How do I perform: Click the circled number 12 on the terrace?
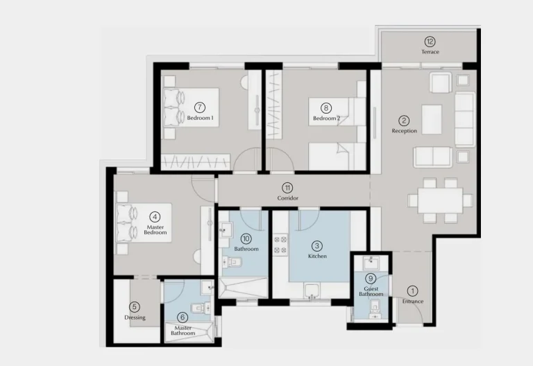pos(430,42)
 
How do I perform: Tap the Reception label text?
pos(404,131)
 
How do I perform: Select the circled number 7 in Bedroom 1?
pos(200,107)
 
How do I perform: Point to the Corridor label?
pos(287,198)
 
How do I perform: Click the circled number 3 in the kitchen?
pos(316,246)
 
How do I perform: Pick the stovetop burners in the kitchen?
pos(281,245)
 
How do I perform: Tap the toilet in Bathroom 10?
pos(232,262)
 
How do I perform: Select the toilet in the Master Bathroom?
pos(201,308)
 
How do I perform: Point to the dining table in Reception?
pos(440,200)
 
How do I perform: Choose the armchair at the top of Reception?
pos(441,82)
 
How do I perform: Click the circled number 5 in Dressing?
pos(135,307)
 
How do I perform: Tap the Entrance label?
pos(413,301)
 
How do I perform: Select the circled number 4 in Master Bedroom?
pos(155,216)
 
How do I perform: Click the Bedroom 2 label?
pos(326,119)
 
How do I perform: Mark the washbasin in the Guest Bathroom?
pos(371,263)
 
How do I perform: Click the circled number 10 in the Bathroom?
pos(246,238)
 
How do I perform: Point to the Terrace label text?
pos(430,52)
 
